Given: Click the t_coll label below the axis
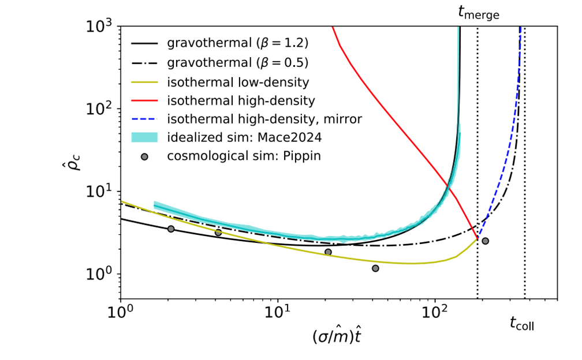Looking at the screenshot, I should tap(522, 324).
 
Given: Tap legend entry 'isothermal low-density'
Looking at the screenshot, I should tap(238, 82).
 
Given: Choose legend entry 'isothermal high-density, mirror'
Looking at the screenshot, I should tap(264, 119).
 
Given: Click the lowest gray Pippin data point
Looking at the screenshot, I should tap(375, 268).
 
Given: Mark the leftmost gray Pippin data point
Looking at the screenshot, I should tap(171, 229).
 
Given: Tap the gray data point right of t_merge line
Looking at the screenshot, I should tap(486, 241).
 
